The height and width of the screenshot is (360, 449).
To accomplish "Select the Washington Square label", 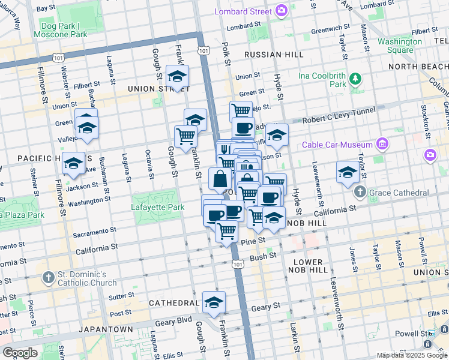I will tap(400, 46).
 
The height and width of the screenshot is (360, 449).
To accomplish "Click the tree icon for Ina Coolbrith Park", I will tap(356, 79).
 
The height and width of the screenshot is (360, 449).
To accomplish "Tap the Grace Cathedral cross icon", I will tap(360, 193).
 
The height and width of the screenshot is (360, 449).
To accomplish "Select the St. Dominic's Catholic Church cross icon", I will tap(49, 277).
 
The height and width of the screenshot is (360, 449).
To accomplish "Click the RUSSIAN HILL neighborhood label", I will tap(268, 54).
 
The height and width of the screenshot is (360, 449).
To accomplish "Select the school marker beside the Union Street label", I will tap(177, 76).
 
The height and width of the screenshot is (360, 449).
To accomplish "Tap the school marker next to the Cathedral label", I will tap(214, 302).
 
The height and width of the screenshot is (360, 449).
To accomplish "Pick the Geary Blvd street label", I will tap(173, 322).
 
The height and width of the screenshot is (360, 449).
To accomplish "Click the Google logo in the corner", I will tap(20, 353).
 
